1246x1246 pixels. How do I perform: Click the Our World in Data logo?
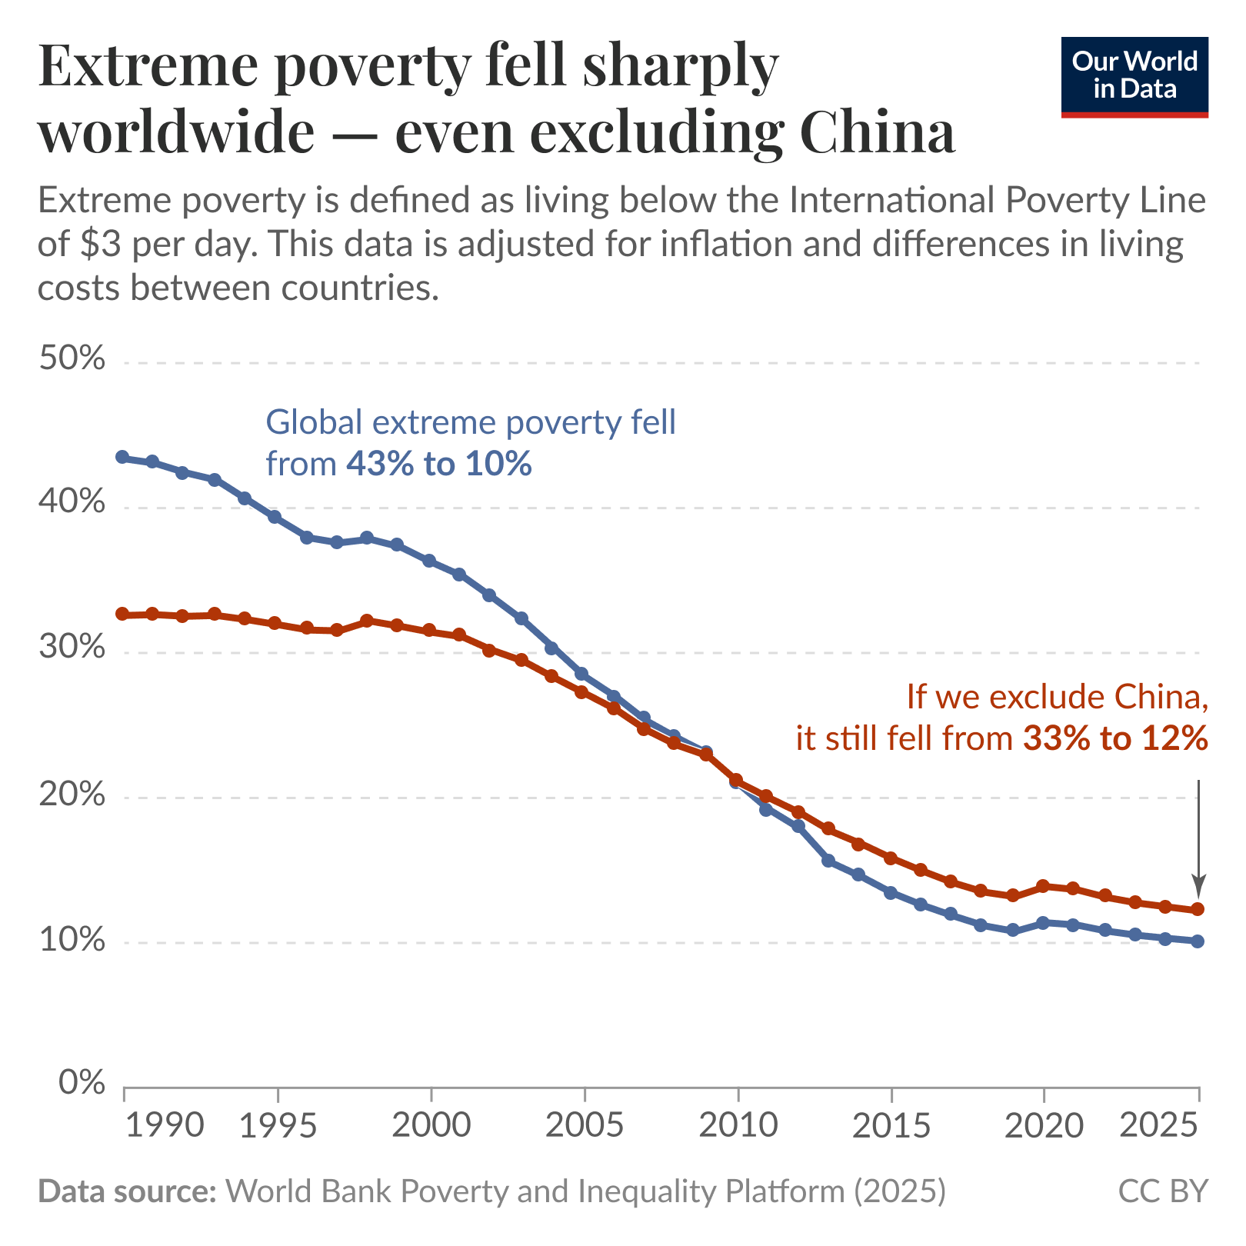coord(1134,77)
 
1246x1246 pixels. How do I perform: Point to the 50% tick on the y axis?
coord(71,358)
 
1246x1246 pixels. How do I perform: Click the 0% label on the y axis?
coord(81,1083)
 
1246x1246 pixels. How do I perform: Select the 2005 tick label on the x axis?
coord(584,1126)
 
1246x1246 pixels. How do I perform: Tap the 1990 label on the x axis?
coord(163,1126)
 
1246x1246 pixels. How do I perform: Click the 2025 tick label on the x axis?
coord(1159,1126)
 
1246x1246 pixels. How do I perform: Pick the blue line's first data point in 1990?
coord(122,457)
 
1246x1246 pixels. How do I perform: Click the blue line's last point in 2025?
coord(1198,941)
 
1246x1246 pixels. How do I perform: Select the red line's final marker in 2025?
coord(1198,910)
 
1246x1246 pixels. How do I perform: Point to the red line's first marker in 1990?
coord(122,614)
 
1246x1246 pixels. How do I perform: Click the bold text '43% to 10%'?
coord(438,464)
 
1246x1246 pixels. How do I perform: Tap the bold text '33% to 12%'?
coord(1115,739)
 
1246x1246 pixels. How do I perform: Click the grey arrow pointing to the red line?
coord(1198,838)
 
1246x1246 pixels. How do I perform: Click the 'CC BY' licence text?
coord(1163,1191)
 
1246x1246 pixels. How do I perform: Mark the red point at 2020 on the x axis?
coord(1044,886)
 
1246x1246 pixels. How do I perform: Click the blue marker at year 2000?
coord(430,561)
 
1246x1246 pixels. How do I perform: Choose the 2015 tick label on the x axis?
coord(891,1126)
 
